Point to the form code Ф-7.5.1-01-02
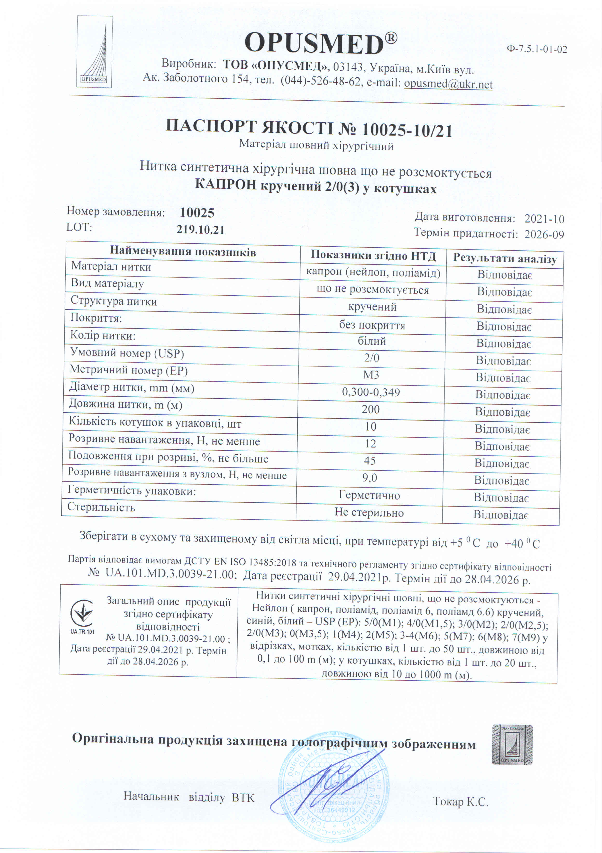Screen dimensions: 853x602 pos(537,49)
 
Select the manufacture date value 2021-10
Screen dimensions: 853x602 pos(544,219)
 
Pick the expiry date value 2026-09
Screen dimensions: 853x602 pos(544,234)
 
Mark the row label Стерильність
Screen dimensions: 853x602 pos(101,507)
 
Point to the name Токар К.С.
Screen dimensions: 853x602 pos(460,801)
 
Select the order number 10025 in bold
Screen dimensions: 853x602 pos(197,213)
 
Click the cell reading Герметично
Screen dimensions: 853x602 pos(369,495)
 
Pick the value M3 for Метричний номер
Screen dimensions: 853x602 pos(371,374)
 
